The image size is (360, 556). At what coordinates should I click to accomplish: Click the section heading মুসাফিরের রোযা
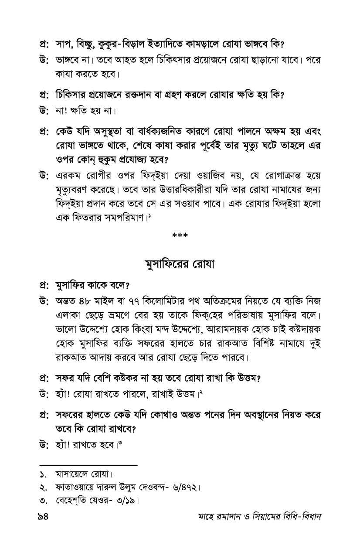(x=180, y=265)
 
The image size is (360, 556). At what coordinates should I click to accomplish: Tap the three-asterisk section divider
(x=180, y=236)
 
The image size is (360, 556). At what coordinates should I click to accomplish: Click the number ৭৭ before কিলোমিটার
(x=135, y=301)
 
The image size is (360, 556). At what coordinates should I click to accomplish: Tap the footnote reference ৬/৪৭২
(x=185, y=487)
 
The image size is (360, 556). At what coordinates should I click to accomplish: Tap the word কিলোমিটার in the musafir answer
(x=166, y=301)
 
